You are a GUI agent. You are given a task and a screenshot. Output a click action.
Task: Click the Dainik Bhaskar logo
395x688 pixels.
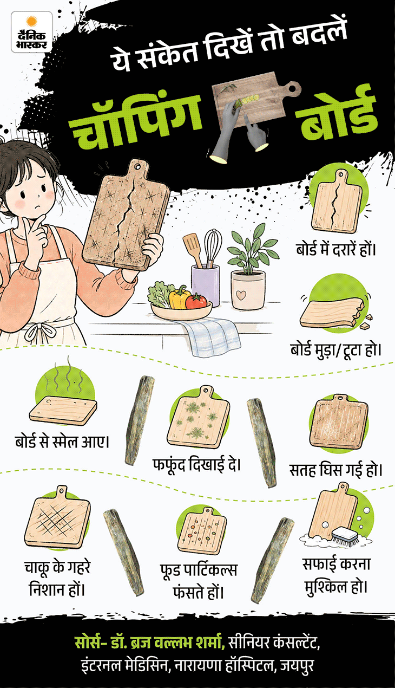click(x=31, y=33)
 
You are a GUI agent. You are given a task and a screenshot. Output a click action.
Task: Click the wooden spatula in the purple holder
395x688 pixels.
click(x=193, y=249)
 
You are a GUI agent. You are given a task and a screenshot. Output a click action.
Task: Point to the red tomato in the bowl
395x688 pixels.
click(x=196, y=301)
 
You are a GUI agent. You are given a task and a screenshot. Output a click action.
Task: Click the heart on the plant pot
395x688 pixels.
click(x=241, y=295)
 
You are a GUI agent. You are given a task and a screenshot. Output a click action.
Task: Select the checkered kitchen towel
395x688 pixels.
click(x=212, y=336)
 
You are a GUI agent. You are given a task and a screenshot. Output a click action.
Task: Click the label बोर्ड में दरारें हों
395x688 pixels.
click(x=336, y=249)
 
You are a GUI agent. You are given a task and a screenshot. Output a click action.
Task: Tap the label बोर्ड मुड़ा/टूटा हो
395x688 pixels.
click(x=336, y=349)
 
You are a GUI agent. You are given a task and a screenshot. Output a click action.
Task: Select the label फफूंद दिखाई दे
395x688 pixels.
click(x=196, y=465)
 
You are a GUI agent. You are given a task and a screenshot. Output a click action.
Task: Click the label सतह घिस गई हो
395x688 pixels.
click(x=336, y=469)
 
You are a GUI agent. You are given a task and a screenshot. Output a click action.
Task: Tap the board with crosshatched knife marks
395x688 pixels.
click(x=57, y=517)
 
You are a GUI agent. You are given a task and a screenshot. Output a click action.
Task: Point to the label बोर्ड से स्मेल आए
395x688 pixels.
click(x=62, y=442)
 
